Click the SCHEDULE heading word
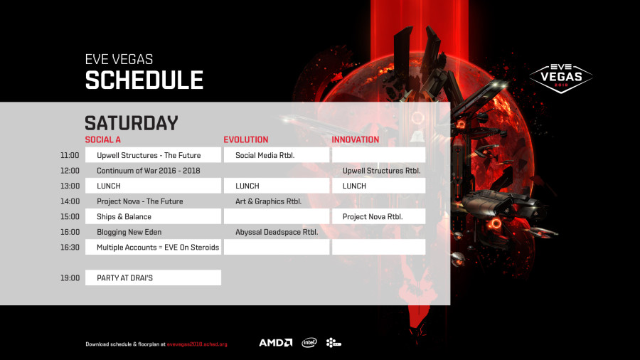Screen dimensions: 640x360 [x=144, y=80]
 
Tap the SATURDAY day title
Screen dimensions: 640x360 [x=132, y=123]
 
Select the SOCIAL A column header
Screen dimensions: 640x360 [x=103, y=139]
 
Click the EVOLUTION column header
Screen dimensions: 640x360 [x=246, y=139]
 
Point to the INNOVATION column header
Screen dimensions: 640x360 [x=355, y=139]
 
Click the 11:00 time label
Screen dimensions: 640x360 [x=70, y=155]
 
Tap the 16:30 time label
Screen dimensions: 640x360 [x=70, y=247]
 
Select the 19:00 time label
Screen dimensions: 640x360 [x=70, y=278]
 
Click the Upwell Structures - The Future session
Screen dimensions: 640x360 [x=149, y=155]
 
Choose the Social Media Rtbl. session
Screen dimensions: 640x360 [x=265, y=155]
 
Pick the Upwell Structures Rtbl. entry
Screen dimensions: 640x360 [x=381, y=171]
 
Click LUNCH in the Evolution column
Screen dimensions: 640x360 [x=247, y=186]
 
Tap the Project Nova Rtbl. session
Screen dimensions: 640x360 [x=373, y=217]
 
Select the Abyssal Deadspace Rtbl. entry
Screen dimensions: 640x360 [x=277, y=232]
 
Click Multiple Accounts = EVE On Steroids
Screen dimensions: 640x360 [x=158, y=248]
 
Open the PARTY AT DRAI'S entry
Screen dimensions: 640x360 [x=124, y=278]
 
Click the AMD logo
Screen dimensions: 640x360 [x=276, y=343]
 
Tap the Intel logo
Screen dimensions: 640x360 [x=309, y=343]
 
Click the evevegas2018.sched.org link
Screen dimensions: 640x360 [x=197, y=344]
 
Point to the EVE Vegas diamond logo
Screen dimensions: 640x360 [x=561, y=77]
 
